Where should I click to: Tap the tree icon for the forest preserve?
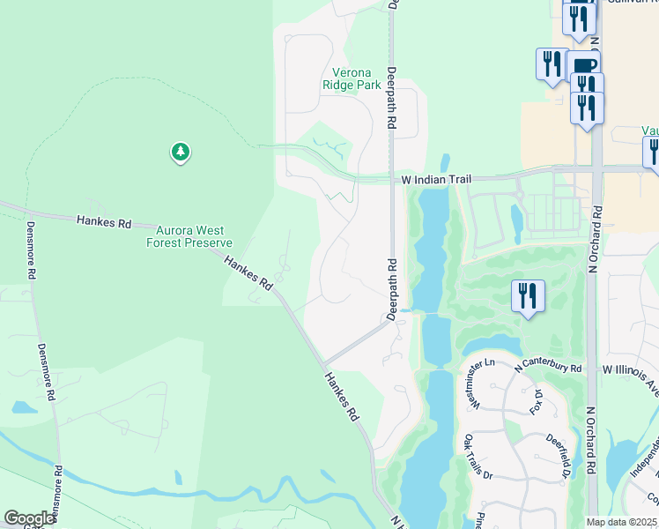click(181, 153)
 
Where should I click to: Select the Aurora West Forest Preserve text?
click(189, 236)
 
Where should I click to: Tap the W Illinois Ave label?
click(631, 369)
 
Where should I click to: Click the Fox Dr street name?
click(534, 399)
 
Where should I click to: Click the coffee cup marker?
click(583, 66)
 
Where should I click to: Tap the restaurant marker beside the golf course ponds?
click(528, 296)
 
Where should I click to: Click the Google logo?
click(29, 518)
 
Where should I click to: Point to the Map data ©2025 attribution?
click(621, 522)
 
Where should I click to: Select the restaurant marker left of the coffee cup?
click(552, 64)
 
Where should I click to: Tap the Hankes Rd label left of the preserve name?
click(103, 221)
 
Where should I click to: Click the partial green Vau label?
click(650, 130)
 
